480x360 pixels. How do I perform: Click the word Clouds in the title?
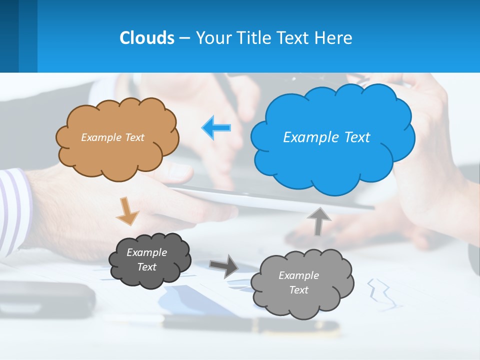[146, 38]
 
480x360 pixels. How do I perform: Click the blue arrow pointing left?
[216, 127]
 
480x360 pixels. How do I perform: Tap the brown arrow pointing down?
[127, 210]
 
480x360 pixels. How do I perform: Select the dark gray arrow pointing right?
[223, 265]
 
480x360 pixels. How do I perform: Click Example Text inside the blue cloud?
[326, 137]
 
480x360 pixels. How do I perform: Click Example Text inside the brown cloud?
[112, 137]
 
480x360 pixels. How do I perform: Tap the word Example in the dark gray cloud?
[146, 252]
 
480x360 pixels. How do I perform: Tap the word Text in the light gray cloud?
[298, 290]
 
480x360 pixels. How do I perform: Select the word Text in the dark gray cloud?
[146, 267]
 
